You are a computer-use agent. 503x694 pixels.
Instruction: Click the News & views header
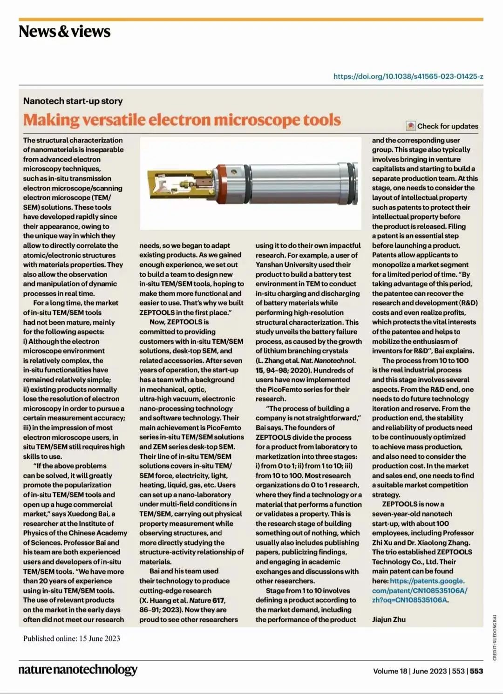pos(64,32)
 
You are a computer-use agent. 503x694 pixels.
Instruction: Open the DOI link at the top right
pos(408,76)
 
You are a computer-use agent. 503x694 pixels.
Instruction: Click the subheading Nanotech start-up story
pos(73,101)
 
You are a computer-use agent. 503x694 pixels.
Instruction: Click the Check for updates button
pos(442,126)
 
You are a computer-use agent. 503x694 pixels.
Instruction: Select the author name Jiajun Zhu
pos(388,619)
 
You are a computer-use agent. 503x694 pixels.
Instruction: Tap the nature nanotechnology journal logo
pos(78,670)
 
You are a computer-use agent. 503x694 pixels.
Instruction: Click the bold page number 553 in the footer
pos(476,671)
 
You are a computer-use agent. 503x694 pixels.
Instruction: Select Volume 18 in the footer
pos(390,671)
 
